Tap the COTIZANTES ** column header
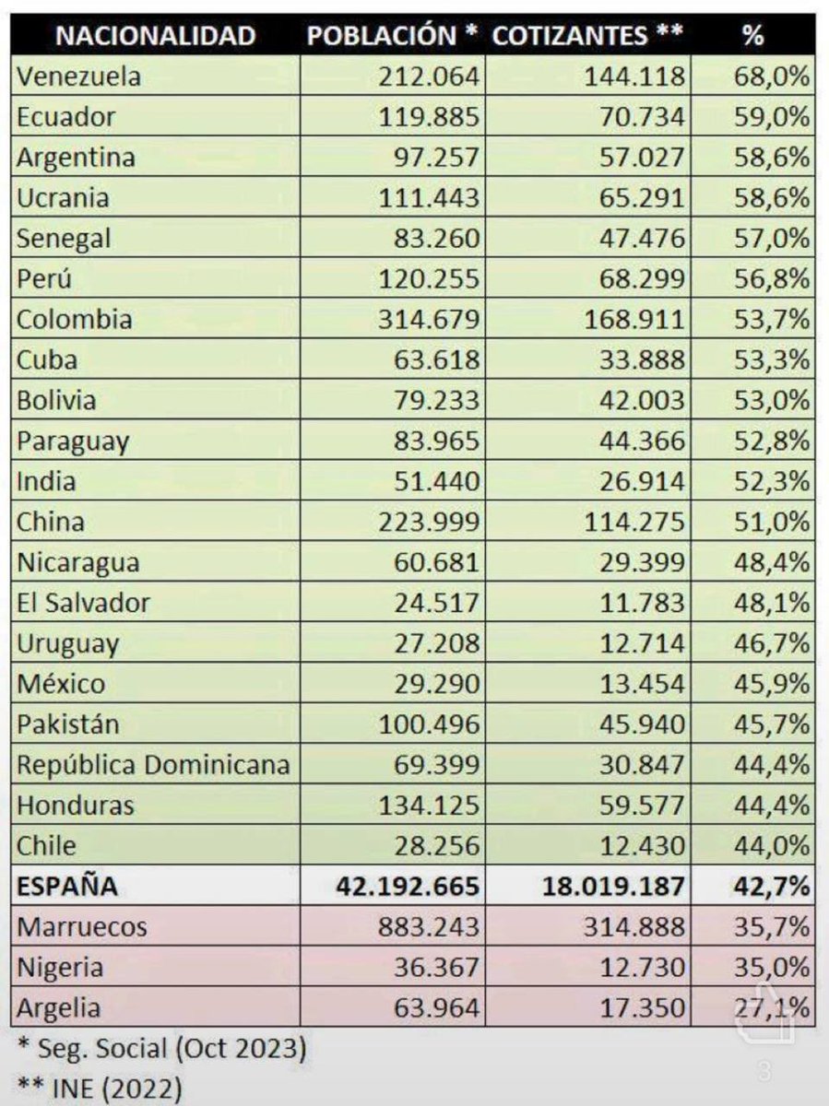point(588,36)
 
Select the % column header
point(752,36)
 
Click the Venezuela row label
point(78,76)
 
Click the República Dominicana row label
point(153,764)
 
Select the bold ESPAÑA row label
point(67,886)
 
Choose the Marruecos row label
point(82,926)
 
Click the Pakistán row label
point(68,724)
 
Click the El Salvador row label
point(83,603)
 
